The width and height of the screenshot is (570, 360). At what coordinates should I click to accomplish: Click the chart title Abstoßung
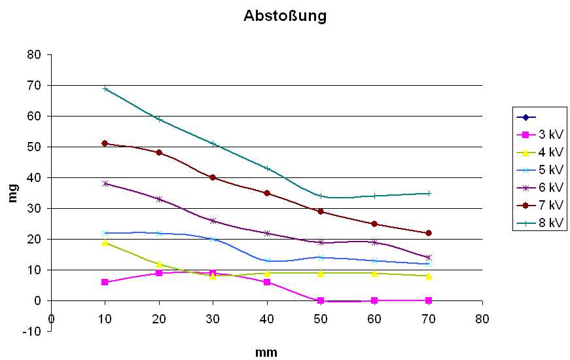(x=285, y=16)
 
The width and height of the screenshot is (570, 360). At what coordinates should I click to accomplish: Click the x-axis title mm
(x=266, y=353)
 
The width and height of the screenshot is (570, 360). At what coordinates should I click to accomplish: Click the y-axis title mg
(x=12, y=194)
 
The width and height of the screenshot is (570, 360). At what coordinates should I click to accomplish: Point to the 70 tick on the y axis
(x=33, y=85)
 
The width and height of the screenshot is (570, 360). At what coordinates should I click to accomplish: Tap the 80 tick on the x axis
(x=482, y=318)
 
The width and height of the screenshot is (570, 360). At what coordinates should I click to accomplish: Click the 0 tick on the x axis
(x=51, y=318)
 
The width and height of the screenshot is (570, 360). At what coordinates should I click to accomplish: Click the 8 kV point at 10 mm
(x=105, y=88)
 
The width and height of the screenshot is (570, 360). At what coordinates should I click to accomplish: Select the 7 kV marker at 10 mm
(x=105, y=143)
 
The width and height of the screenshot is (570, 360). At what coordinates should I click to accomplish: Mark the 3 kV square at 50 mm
(x=321, y=300)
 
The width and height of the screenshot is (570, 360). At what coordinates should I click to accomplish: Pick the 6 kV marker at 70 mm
(x=429, y=257)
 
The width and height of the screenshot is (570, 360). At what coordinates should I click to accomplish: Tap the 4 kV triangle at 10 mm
(x=105, y=242)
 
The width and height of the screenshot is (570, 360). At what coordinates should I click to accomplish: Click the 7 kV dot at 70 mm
(x=429, y=233)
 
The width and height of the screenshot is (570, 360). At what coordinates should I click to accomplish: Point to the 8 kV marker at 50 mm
(x=321, y=196)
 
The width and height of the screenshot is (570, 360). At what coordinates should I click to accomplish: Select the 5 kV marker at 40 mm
(x=267, y=261)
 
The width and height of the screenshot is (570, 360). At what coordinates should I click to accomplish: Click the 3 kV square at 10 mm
(x=105, y=282)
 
